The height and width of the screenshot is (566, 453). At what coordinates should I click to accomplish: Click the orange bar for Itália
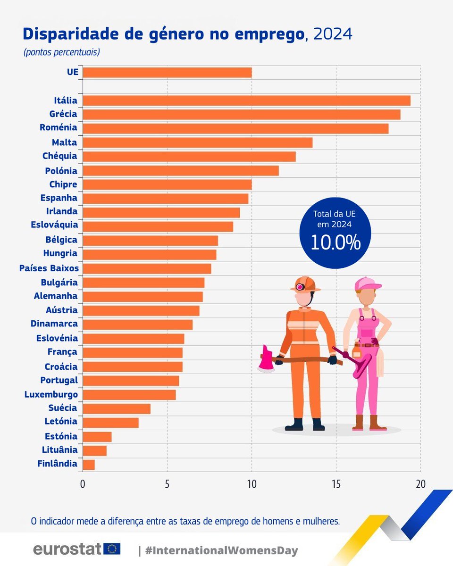[246, 100]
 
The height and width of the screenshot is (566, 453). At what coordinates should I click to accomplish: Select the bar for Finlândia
[89, 465]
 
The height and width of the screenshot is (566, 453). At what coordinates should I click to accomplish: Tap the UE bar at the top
[167, 72]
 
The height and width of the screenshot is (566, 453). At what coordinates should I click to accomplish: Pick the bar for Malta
[197, 142]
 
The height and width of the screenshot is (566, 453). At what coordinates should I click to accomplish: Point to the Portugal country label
[59, 380]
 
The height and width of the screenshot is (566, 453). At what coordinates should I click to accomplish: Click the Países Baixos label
[49, 268]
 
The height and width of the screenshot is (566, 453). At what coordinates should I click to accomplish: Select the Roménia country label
[59, 127]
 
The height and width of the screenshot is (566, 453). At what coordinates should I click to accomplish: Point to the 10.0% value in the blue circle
[335, 242]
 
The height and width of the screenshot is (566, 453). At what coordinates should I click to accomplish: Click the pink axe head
[267, 359]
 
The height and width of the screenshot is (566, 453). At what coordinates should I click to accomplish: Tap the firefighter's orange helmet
[305, 284]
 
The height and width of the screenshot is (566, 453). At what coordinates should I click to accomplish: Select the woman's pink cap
[367, 283]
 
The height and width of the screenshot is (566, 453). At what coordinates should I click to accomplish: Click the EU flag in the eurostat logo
[112, 549]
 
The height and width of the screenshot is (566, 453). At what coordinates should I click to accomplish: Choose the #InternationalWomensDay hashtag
[221, 550]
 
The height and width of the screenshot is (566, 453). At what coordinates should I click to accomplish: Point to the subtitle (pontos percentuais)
[61, 52]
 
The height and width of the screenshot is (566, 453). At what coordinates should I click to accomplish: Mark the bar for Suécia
[117, 408]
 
